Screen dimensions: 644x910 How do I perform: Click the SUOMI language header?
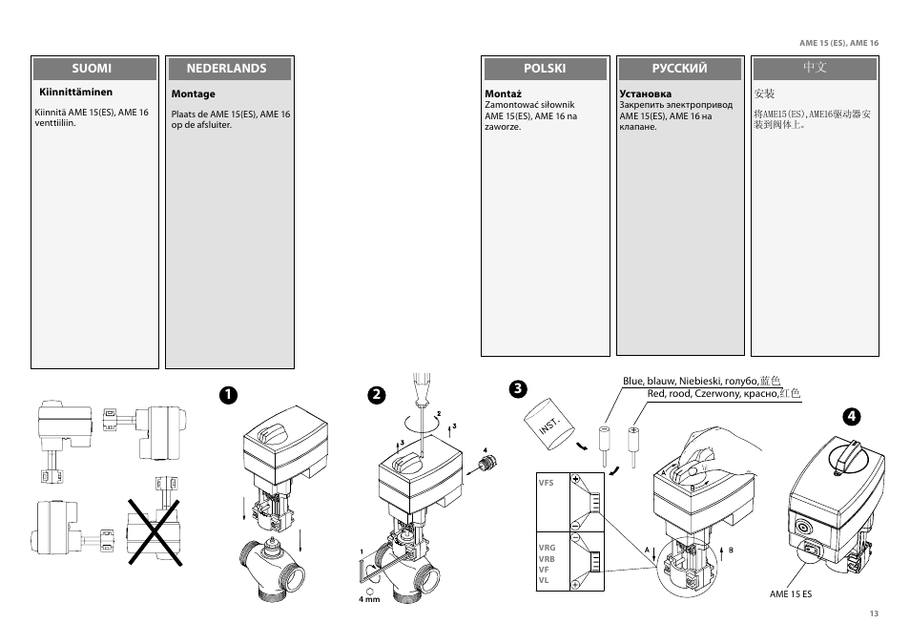coord(93,69)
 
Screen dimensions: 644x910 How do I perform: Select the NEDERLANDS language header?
coord(226,69)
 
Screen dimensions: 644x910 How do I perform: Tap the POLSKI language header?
coord(545,69)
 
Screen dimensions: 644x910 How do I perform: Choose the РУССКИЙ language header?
coord(679,69)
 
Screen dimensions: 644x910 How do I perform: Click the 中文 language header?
coord(814,69)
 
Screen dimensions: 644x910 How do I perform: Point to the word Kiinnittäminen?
coord(75,93)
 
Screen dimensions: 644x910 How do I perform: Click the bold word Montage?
coord(193,94)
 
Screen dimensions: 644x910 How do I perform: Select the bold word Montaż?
coord(503,93)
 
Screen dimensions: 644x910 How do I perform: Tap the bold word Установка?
coord(645,93)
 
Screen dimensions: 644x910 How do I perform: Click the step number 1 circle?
coord(227,394)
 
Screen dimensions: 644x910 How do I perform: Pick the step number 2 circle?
coord(378,394)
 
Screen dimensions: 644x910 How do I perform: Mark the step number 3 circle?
coord(517,388)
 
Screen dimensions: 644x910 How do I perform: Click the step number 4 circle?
coord(853,416)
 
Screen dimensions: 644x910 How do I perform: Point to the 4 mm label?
coord(369,599)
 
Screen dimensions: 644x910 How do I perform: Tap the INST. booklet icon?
coord(548,421)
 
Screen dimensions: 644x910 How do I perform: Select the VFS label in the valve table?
coord(546,483)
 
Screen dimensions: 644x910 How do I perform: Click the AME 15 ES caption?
coord(791,594)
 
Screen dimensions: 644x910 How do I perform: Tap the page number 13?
coord(873,613)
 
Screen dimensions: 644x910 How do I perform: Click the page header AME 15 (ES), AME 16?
coord(838,44)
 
